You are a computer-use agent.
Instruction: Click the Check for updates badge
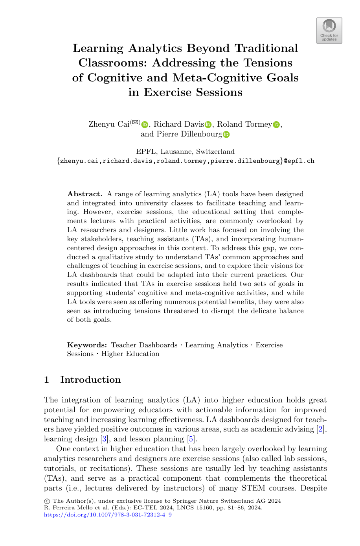329,30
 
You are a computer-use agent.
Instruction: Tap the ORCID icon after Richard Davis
208,125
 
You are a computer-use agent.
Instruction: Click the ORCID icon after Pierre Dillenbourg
226,135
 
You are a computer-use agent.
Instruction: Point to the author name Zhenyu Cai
109,124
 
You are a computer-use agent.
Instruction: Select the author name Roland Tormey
244,124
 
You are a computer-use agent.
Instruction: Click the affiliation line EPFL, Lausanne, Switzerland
185,151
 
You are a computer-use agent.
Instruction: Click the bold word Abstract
84,194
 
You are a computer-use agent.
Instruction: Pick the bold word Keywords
87,345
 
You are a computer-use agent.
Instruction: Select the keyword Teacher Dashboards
144,345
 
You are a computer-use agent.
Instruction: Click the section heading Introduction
90,380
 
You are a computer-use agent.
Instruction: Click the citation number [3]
104,439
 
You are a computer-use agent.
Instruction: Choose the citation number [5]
191,439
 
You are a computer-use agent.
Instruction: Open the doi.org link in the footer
108,515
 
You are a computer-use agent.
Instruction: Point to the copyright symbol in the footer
47,501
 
